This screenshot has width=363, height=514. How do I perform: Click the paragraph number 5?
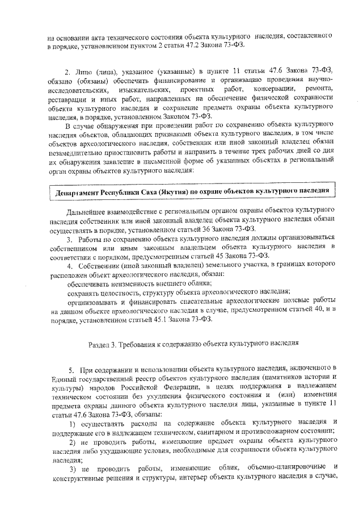coord(71,369)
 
